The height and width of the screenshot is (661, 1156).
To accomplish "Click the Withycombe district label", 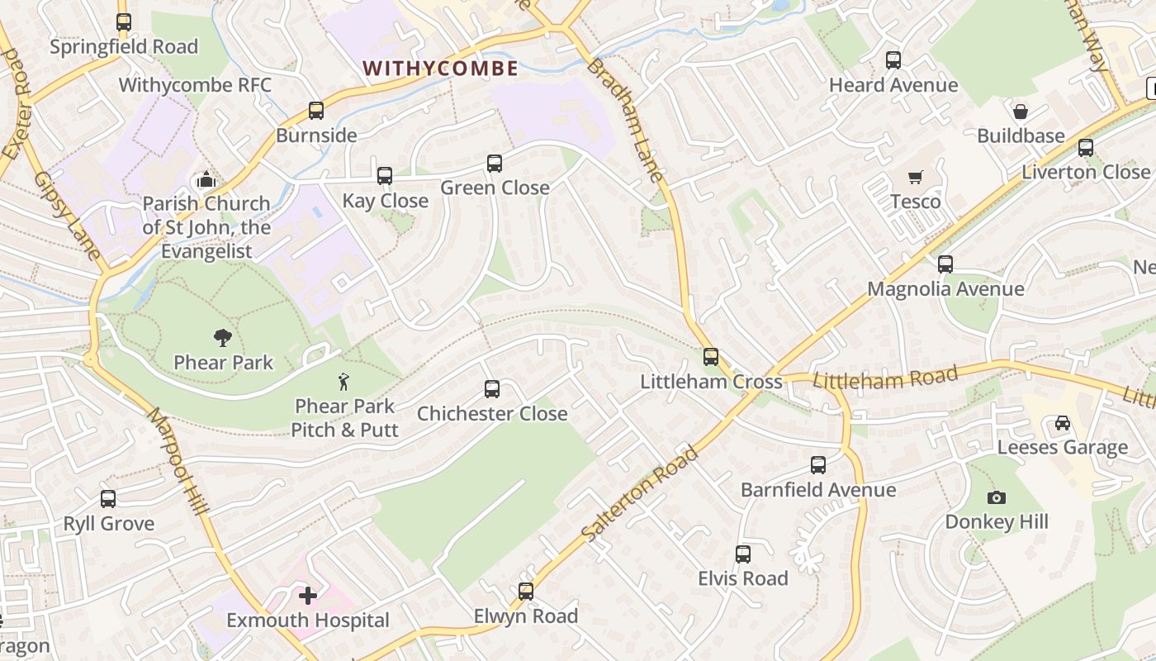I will pyautogui.click(x=440, y=69).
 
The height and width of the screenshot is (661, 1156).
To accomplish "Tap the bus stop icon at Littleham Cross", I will pyautogui.click(x=711, y=357).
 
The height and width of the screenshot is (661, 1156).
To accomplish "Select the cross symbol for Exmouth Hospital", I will pyautogui.click(x=308, y=595).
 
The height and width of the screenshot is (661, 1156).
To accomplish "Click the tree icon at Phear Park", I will pyautogui.click(x=222, y=337).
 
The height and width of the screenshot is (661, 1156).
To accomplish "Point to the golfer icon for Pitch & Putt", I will pyautogui.click(x=343, y=382).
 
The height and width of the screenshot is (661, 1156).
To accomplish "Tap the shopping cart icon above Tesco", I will pyautogui.click(x=915, y=177).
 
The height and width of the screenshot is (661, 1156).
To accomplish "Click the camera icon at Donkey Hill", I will pyautogui.click(x=997, y=497).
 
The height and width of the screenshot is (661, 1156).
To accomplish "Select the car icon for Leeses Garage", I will pyautogui.click(x=1062, y=423).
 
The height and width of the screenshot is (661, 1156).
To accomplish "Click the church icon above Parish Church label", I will pyautogui.click(x=206, y=179).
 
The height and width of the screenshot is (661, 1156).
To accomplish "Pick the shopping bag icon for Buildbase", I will pyautogui.click(x=1021, y=112).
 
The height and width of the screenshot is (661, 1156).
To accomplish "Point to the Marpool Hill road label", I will pyautogui.click(x=178, y=461).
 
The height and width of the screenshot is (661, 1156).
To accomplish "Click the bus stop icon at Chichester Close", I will pyautogui.click(x=492, y=388).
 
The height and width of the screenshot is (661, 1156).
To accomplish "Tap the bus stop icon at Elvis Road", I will pyautogui.click(x=743, y=554).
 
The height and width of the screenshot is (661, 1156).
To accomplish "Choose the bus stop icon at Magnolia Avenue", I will pyautogui.click(x=945, y=264).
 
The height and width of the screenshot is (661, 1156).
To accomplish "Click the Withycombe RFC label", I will pyautogui.click(x=195, y=85).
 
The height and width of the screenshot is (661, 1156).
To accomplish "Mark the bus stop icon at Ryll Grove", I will pyautogui.click(x=108, y=499).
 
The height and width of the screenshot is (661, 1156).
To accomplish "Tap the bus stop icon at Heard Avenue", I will pyautogui.click(x=893, y=60).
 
